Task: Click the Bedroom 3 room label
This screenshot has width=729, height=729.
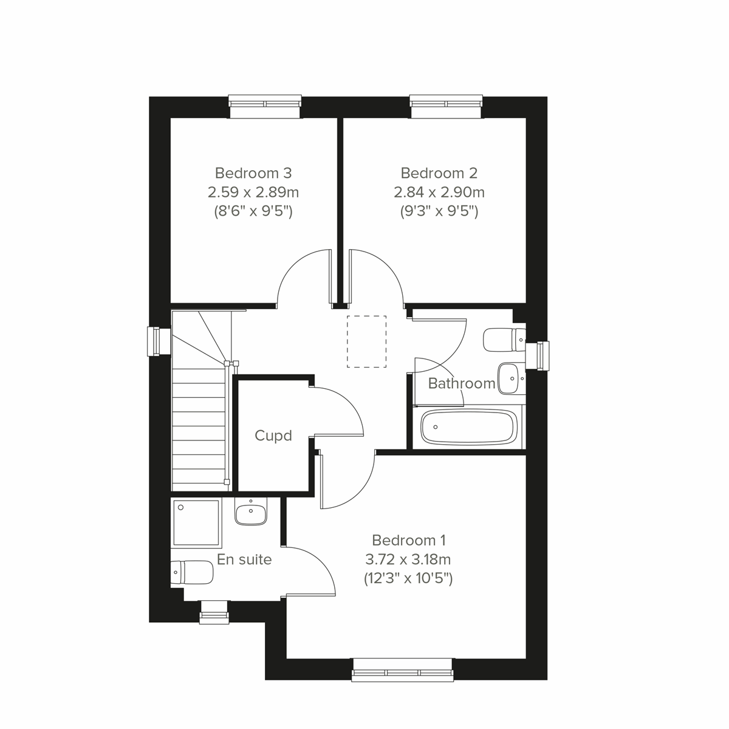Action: click(x=253, y=173)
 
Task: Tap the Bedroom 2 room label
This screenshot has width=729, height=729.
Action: click(x=439, y=173)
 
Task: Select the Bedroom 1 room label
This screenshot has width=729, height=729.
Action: click(x=409, y=539)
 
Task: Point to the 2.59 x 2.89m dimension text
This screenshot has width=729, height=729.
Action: click(x=253, y=193)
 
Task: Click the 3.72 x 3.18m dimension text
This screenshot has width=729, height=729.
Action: click(x=408, y=559)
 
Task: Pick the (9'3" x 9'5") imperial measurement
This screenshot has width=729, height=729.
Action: click(x=439, y=212)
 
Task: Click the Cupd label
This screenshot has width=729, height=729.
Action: click(x=273, y=436)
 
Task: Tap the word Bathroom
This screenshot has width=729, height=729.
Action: click(x=462, y=383)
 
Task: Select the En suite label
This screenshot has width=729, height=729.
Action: click(x=244, y=560)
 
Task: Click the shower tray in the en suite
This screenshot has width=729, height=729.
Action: click(x=196, y=522)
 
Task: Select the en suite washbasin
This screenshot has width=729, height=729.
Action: click(x=250, y=513)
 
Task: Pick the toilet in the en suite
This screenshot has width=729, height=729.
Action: click(x=193, y=572)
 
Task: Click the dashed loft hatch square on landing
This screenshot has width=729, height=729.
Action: click(x=366, y=341)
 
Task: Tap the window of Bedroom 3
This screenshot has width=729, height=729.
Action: click(x=265, y=106)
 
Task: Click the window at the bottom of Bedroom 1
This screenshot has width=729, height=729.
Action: click(x=403, y=669)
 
